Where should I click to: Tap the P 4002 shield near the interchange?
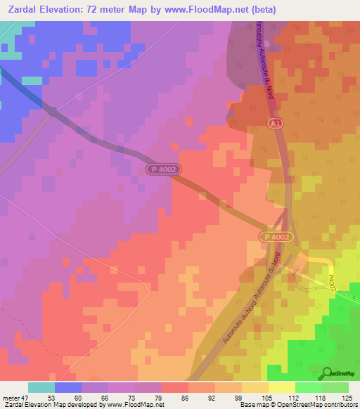coord(276,238)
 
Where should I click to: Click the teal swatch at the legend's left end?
coord(41,387)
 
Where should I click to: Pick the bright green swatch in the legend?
coord(309,387)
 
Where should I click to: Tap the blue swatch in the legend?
coord(68,387)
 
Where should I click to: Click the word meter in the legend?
coord(11,397)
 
